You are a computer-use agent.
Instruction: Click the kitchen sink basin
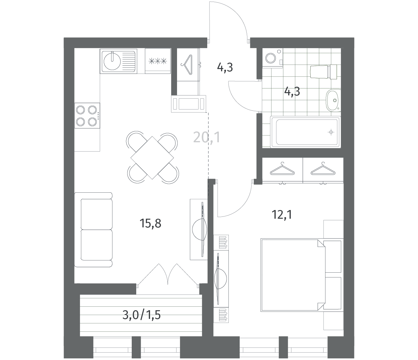(x=112, y=61)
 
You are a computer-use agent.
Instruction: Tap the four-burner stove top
(x=87, y=116)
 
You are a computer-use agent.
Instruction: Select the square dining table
(x=152, y=158)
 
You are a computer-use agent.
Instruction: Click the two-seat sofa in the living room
(x=93, y=230)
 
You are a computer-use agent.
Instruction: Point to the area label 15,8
(x=150, y=224)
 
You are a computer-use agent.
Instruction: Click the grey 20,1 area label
(x=207, y=137)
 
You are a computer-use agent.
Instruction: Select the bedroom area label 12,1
(x=282, y=215)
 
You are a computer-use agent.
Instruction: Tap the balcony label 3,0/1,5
(x=142, y=315)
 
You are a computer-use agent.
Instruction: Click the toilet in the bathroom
(x=324, y=72)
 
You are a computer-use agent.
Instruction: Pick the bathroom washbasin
(x=334, y=100)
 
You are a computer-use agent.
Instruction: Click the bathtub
(x=306, y=132)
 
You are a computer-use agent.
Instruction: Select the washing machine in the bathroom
(x=272, y=58)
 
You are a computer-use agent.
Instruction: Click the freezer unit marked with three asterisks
(x=158, y=61)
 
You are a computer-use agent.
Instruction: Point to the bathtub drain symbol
(x=331, y=132)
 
